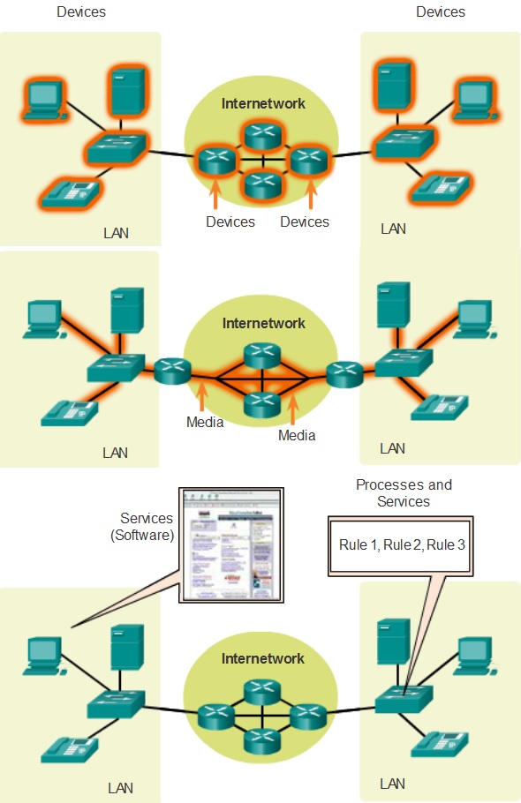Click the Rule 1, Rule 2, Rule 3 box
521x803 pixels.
pyautogui.click(x=402, y=545)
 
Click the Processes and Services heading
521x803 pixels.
pyautogui.click(x=404, y=492)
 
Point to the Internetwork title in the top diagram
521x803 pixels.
pyautogui.click(x=263, y=103)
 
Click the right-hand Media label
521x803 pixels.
pyautogui.click(x=297, y=435)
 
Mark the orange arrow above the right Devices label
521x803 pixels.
pyautogui.click(x=310, y=191)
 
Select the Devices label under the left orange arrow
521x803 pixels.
pyautogui.click(x=230, y=221)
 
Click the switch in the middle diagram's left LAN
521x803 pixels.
pyautogui.click(x=115, y=368)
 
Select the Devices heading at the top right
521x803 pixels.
pyautogui.click(x=440, y=11)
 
